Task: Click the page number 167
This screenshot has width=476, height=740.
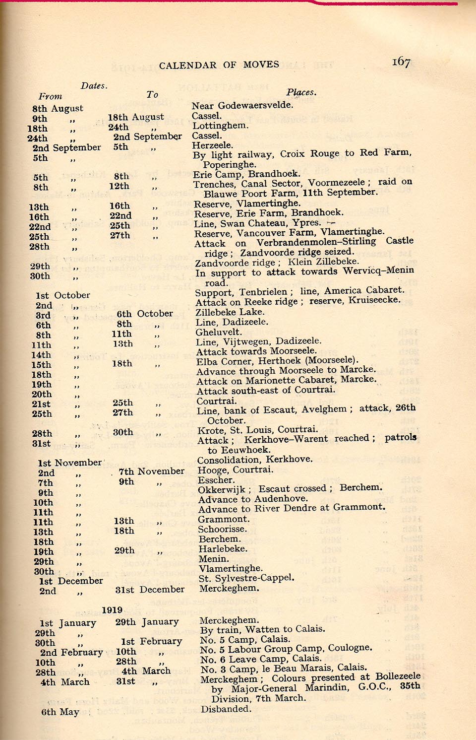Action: pyautogui.click(x=401, y=62)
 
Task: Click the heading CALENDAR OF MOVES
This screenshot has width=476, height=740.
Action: pyautogui.click(x=219, y=65)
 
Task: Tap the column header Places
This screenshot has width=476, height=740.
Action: pyautogui.click(x=301, y=92)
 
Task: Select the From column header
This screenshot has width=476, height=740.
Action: pyautogui.click(x=51, y=96)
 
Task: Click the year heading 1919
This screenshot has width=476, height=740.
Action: pyautogui.click(x=112, y=610)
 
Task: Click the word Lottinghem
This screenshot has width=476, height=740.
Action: pyautogui.click(x=221, y=126)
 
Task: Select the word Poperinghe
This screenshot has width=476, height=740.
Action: pyautogui.click(x=230, y=164)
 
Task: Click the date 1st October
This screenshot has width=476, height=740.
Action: pyautogui.click(x=63, y=295)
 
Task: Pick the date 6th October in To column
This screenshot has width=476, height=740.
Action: pyautogui.click(x=145, y=314)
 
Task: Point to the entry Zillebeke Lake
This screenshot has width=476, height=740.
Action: pyautogui.click(x=230, y=312)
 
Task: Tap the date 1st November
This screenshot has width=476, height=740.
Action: pyautogui.click(x=70, y=463)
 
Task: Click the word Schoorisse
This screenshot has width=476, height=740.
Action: pyautogui.click(x=222, y=529)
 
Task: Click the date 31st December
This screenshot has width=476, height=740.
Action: pyautogui.click(x=150, y=590)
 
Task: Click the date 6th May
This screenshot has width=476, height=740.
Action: pyautogui.click(x=60, y=712)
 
